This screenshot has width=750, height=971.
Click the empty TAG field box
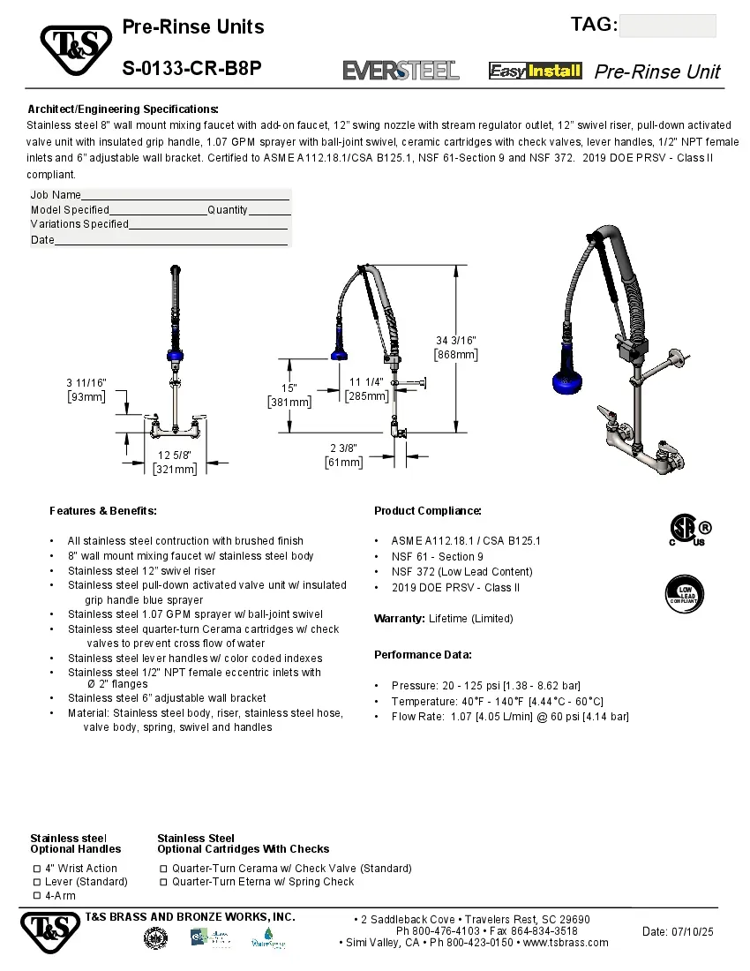tap(667, 26)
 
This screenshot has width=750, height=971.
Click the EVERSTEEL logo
tap(401, 71)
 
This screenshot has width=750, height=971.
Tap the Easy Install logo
tap(536, 71)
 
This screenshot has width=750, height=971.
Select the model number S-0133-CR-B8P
tap(191, 68)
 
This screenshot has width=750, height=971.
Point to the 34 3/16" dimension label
tap(456, 341)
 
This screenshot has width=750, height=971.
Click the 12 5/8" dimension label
tap(176, 455)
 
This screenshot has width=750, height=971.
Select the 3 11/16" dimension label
tap(86, 382)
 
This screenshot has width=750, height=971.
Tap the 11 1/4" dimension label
tap(366, 382)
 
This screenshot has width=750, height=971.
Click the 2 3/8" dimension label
tap(345, 448)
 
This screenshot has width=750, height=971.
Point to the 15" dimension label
tap(289, 388)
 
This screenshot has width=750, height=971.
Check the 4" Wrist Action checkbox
tap(37, 869)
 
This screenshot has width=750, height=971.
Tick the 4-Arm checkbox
tap(37, 895)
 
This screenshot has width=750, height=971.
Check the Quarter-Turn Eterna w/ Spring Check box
tap(164, 882)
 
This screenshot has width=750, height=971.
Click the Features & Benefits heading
tap(103, 511)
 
